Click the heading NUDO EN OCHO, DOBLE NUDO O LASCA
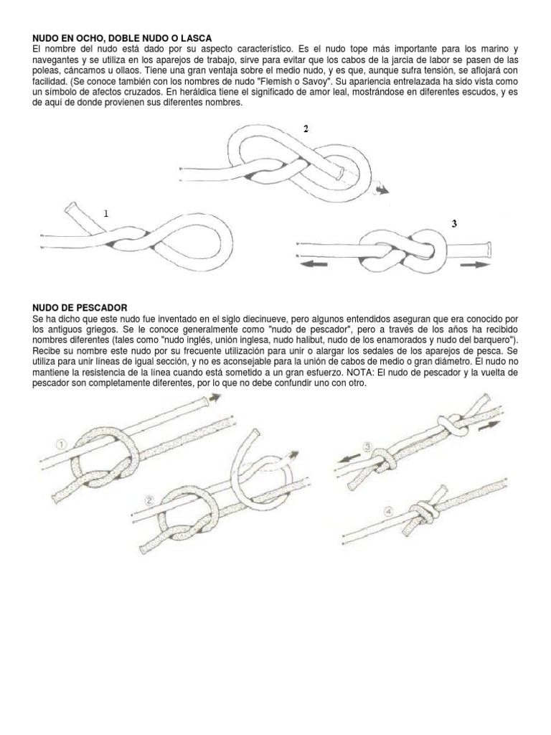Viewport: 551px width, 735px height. [123, 37]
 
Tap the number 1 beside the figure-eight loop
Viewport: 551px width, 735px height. [106, 213]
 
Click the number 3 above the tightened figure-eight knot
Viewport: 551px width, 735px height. [454, 224]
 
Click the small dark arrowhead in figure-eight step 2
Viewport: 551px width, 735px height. [385, 190]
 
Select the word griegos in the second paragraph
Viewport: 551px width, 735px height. [85, 327]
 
